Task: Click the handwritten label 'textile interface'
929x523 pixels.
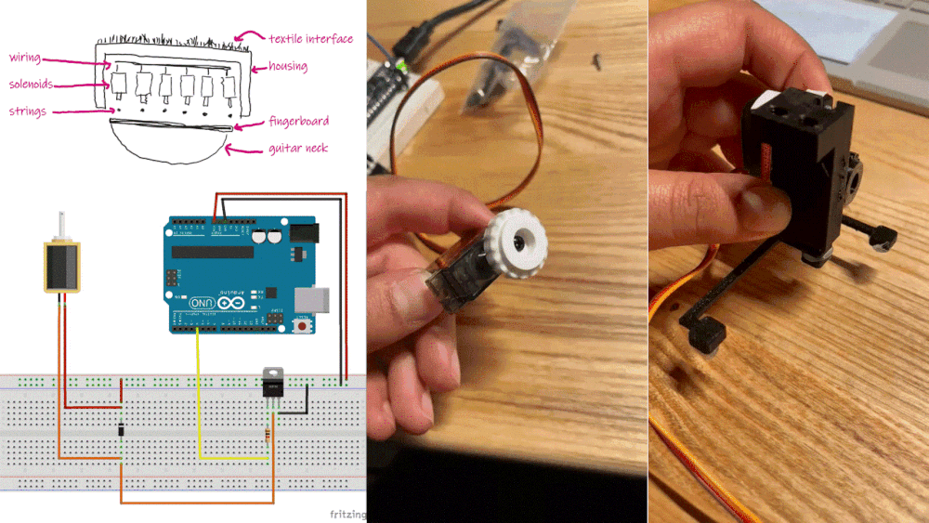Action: [310, 39]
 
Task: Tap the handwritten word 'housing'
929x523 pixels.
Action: [288, 67]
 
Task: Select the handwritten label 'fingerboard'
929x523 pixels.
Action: [298, 122]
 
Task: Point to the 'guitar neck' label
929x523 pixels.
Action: [298, 148]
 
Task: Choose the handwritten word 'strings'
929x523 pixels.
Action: [28, 111]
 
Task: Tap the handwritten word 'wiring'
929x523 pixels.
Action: [25, 58]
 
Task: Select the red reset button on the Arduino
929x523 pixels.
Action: [302, 325]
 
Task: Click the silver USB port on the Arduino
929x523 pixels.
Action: [310, 299]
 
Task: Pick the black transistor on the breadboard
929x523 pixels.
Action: [272, 382]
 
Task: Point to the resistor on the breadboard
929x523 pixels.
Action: [269, 433]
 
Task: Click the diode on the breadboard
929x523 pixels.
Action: [121, 430]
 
